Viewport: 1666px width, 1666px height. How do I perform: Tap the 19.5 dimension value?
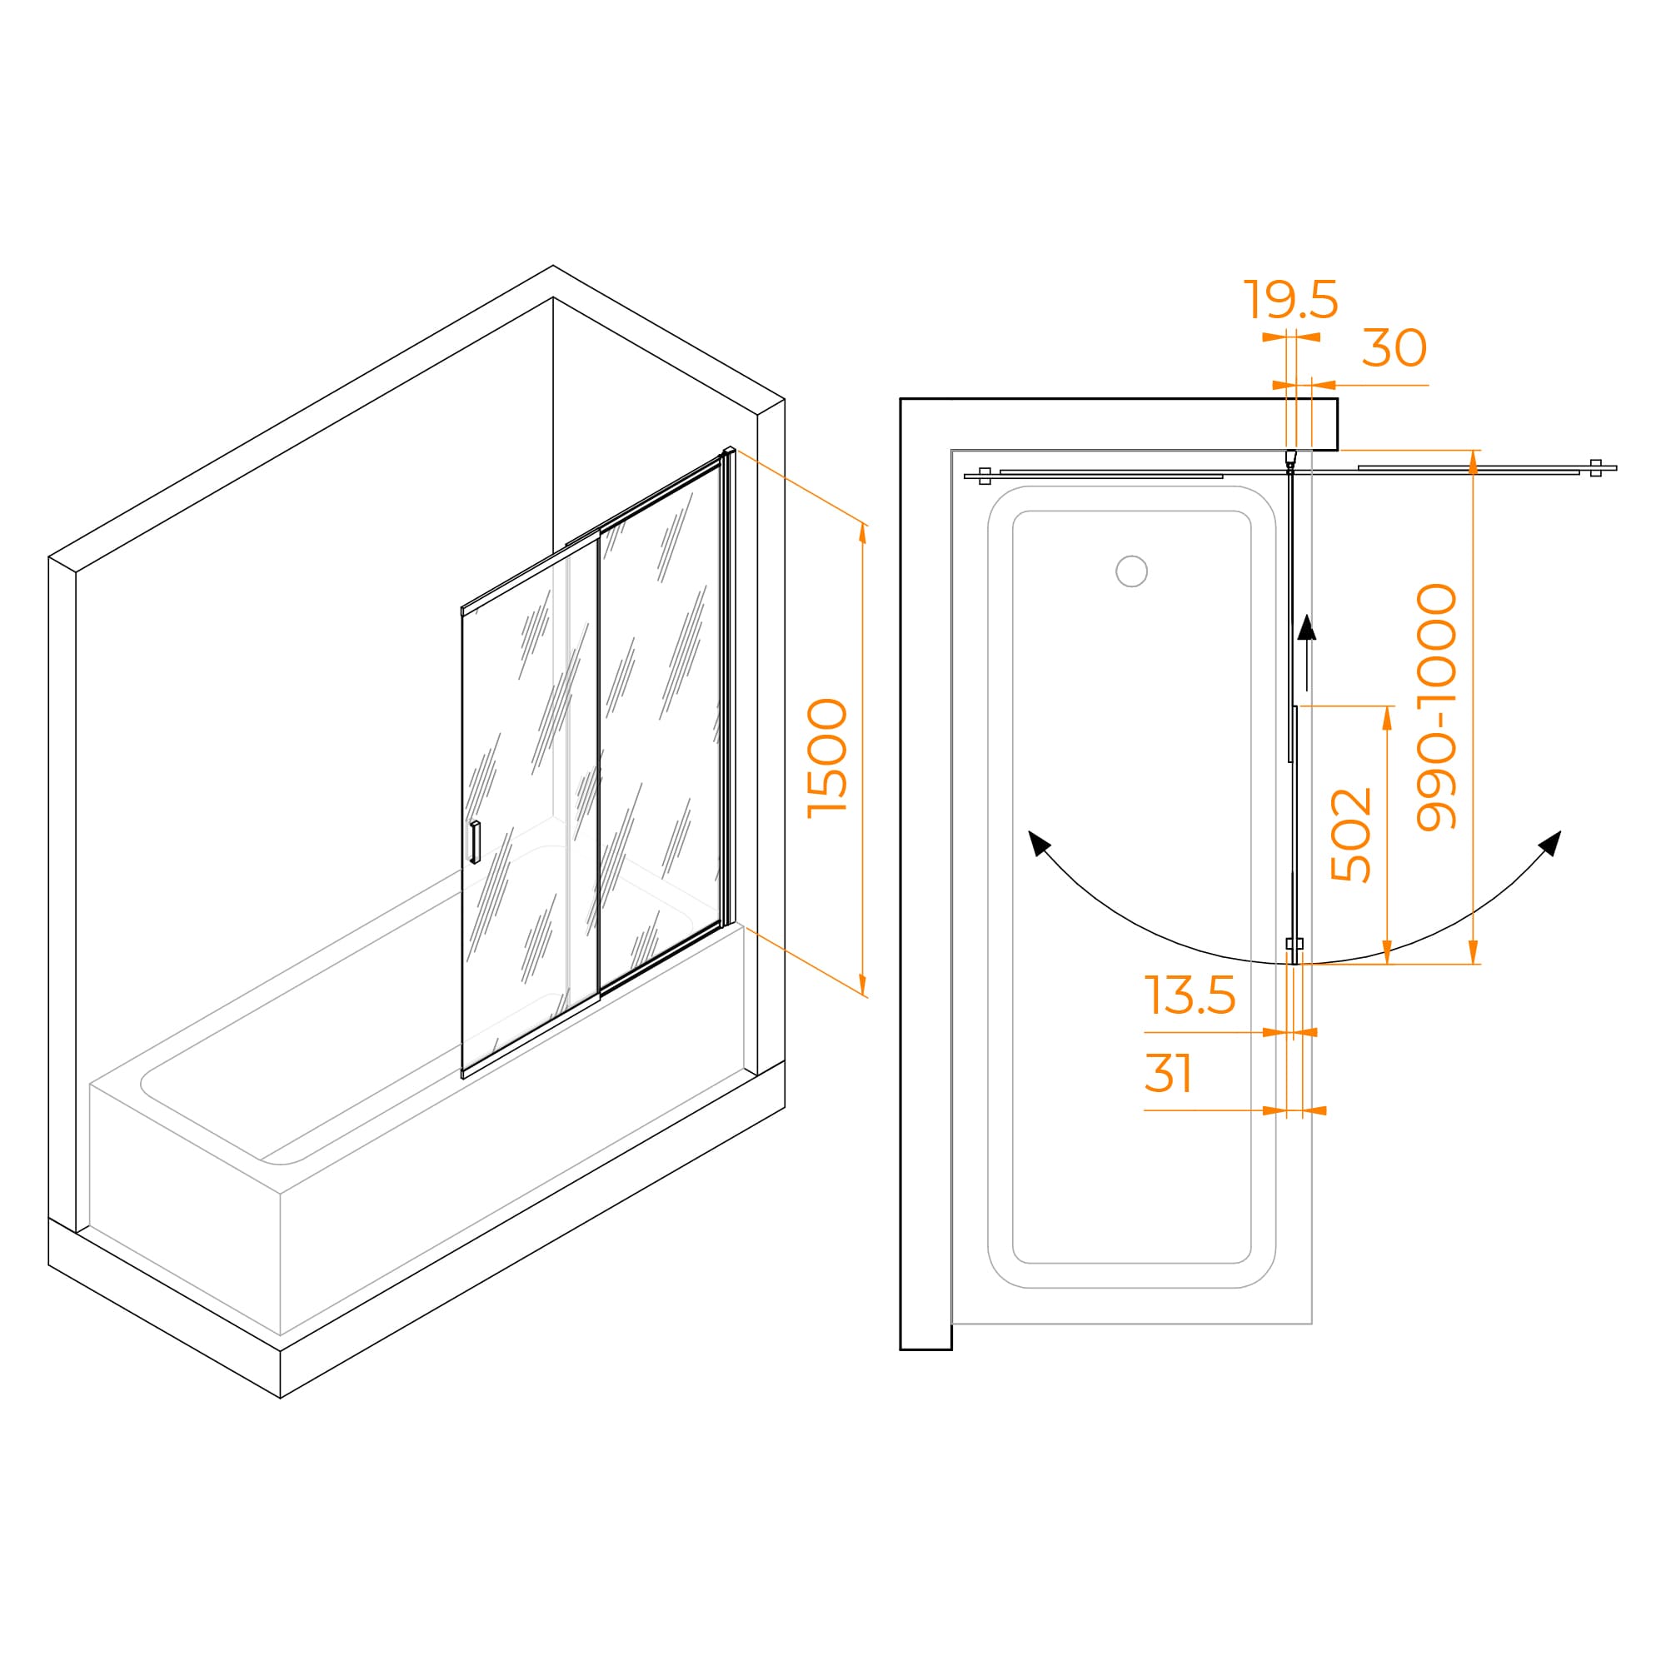1291,300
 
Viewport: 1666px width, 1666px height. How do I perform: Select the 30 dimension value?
1394,348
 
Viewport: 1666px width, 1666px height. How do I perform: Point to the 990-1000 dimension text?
1437,707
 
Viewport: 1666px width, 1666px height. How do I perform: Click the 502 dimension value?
1351,835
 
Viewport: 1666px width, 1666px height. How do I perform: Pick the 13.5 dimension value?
1190,995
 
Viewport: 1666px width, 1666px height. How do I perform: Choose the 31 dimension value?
1169,1074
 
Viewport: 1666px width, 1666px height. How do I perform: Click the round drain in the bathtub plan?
1131,571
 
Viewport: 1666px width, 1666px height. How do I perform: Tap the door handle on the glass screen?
474,842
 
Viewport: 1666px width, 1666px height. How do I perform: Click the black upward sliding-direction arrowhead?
1307,628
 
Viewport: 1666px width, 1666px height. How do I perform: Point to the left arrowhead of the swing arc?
1039,842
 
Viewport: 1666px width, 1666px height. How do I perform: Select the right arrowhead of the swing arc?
1550,842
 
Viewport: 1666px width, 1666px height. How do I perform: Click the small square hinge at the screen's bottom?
1294,944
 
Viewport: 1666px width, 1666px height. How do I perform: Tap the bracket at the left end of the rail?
985,476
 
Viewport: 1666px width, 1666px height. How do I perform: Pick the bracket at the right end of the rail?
1595,468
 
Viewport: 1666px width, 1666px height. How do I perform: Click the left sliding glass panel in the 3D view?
531,811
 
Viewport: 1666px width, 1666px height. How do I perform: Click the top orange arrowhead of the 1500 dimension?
862,533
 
